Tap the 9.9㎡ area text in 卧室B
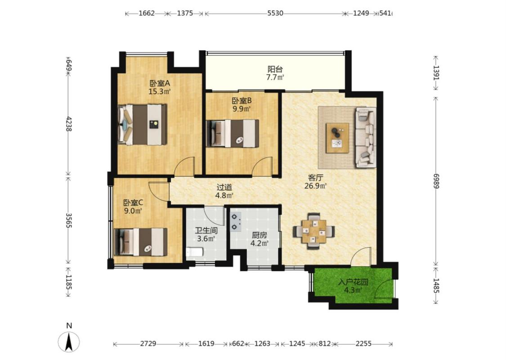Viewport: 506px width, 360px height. click(242, 109)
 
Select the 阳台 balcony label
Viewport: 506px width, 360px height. click(275, 69)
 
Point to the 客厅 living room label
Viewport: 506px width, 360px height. click(316, 178)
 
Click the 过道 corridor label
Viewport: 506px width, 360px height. click(224, 187)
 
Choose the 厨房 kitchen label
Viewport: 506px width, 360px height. click(259, 235)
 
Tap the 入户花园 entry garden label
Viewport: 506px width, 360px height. click(353, 282)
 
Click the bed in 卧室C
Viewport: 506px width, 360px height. click(141, 242)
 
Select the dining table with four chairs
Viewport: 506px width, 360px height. click(313, 231)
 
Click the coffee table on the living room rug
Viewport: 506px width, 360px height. click(337, 138)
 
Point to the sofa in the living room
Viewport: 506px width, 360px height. click(366, 138)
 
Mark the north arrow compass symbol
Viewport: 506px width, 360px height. click(69, 342)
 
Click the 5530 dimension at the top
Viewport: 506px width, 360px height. click(275, 13)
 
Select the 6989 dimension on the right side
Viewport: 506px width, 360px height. click(436, 181)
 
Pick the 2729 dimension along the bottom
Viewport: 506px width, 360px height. click(148, 343)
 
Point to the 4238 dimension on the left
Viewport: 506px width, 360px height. click(68, 124)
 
